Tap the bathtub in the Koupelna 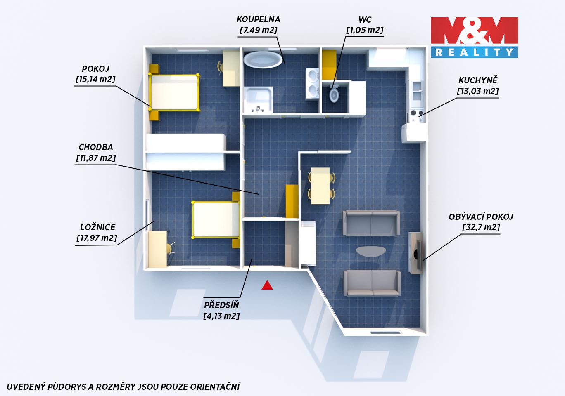pyautogui.click(x=263, y=60)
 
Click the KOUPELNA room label pyautogui.click(x=258, y=19)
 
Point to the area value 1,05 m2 pyautogui.click(x=365, y=30)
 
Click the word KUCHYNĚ pyautogui.click(x=478, y=80)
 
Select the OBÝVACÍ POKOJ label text pyautogui.click(x=481, y=217)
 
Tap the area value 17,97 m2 pyautogui.click(x=97, y=238)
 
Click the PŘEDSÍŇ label pyautogui.click(x=221, y=305)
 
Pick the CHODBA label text pyautogui.click(x=95, y=147)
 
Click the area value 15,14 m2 pyautogui.click(x=95, y=79)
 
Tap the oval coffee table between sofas pyautogui.click(x=371, y=251)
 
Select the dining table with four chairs pyautogui.click(x=321, y=186)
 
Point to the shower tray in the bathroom pyautogui.click(x=258, y=100)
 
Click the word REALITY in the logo pyautogui.click(x=474, y=52)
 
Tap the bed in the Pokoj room pyautogui.click(x=174, y=92)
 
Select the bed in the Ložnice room pyautogui.click(x=216, y=220)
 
